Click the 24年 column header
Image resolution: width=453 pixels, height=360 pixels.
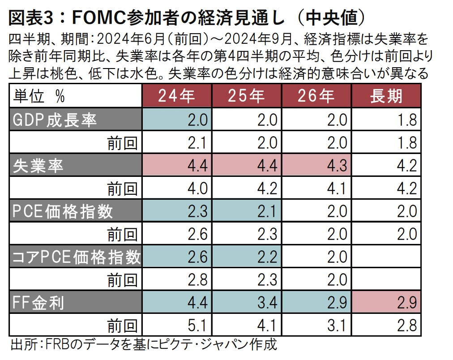pos(177,96)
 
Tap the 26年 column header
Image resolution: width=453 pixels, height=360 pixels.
pos(316,96)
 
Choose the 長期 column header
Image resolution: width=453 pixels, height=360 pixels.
pos(386,96)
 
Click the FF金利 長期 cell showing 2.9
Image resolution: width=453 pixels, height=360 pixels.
pos(386,303)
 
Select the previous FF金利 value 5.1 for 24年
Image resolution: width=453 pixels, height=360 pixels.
pos(177,326)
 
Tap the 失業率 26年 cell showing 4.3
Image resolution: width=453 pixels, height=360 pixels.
pos(316,166)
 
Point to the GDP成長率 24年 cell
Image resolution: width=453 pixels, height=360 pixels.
pos(177,120)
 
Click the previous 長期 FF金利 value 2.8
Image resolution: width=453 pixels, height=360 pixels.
pos(386,326)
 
